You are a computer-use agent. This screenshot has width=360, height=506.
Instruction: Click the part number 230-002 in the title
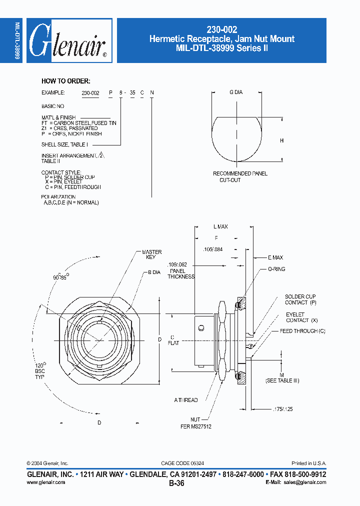tap(221, 29)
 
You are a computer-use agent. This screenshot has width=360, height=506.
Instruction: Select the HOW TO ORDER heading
tap(65, 81)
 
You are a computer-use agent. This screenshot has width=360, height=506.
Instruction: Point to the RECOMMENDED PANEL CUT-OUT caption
tap(240, 176)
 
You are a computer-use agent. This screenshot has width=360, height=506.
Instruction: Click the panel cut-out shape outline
tap(238, 139)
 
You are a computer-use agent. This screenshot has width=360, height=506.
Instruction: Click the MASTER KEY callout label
tap(151, 254)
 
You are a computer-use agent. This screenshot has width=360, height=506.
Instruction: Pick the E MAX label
tap(275, 257)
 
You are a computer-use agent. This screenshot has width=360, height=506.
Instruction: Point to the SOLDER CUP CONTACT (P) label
tap(300, 299)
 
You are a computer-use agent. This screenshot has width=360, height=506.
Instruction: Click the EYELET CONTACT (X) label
tap(301, 317)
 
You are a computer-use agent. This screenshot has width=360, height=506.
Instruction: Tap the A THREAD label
tap(186, 400)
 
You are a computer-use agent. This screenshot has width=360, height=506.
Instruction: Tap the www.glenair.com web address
tap(45, 482)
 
